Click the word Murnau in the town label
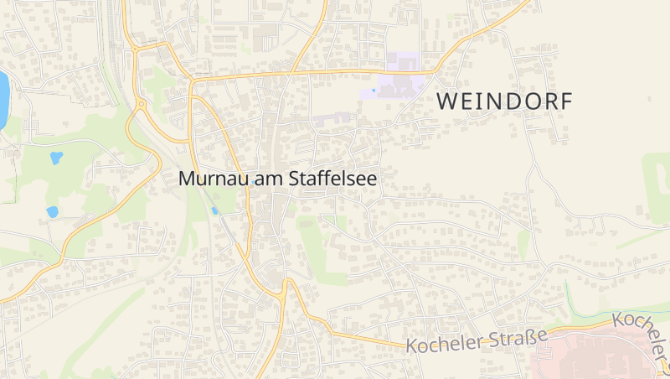pyautogui.click(x=209, y=179)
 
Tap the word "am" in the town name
pyautogui.click(x=259, y=179)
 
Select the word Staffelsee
pyautogui.click(x=327, y=179)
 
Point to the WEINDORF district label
pyautogui.click(x=505, y=102)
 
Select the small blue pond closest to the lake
pyautogui.click(x=56, y=158)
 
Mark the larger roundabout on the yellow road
pyautogui.click(x=141, y=105)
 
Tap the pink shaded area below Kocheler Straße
pyautogui.click(x=595, y=356)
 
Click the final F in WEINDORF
pyautogui.click(x=567, y=102)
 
